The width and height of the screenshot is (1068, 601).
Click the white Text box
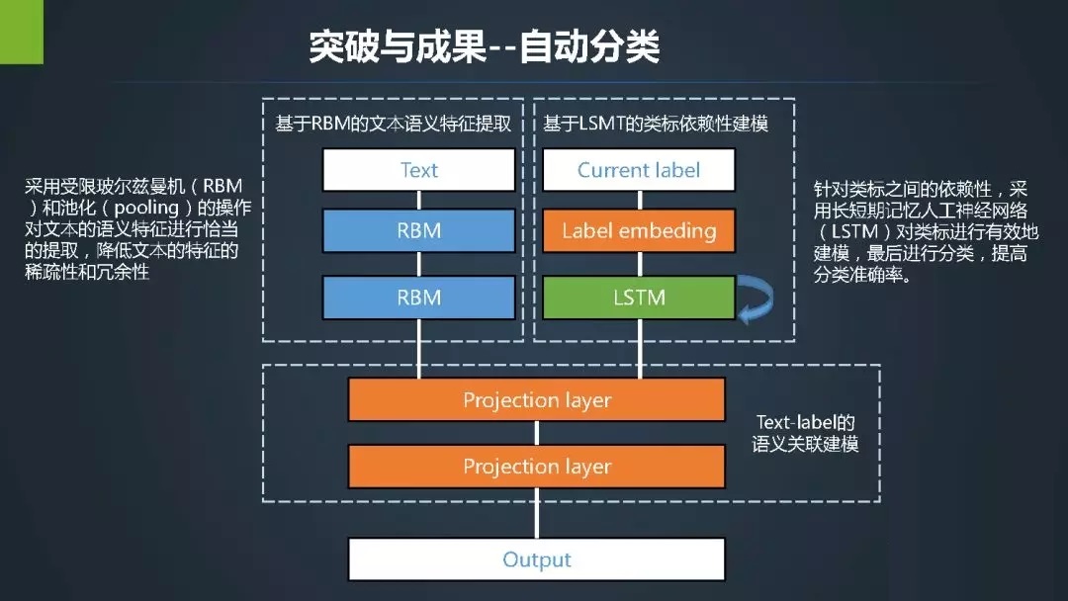(418, 169)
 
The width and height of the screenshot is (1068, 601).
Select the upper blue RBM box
(418, 230)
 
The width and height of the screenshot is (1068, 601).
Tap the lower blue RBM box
(418, 298)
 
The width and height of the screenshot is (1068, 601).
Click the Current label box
(639, 169)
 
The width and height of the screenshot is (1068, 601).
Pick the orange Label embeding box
(639, 230)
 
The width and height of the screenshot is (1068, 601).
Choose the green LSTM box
(639, 298)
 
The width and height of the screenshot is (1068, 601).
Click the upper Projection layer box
(537, 399)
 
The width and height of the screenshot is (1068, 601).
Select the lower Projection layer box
(537, 467)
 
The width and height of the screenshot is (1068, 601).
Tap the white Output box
(537, 559)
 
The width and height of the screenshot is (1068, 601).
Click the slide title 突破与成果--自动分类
(485, 47)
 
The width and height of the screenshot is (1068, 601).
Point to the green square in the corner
(21, 32)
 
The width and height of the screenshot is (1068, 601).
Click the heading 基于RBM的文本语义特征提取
(393, 124)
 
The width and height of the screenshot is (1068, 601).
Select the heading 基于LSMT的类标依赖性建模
(656, 124)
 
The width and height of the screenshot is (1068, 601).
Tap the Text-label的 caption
(805, 422)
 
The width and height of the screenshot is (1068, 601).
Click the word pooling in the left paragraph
(146, 207)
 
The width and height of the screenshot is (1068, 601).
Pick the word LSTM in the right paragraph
(854, 231)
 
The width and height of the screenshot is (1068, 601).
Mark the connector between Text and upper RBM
(418, 200)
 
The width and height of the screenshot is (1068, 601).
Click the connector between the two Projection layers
(537, 433)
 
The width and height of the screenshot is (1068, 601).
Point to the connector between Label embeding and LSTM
(639, 264)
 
